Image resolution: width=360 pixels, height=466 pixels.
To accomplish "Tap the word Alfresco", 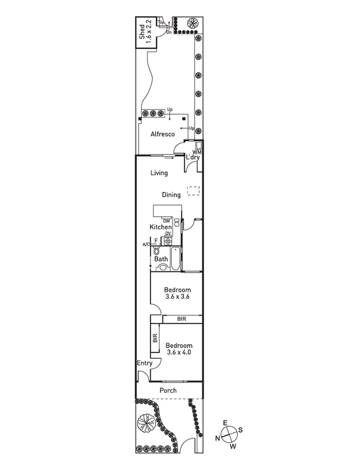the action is click(x=163, y=134).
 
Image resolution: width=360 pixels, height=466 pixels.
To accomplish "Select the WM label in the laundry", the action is click(x=197, y=152).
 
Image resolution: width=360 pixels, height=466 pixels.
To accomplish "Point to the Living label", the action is click(x=159, y=173).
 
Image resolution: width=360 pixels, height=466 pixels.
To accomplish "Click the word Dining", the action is click(x=171, y=195).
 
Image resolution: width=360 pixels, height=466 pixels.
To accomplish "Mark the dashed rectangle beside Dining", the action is click(x=193, y=191).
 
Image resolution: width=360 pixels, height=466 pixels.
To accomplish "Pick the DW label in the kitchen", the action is click(x=166, y=221).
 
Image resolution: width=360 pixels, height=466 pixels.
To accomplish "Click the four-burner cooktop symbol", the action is click(x=168, y=241).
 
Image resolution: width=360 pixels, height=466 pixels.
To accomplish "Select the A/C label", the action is click(x=146, y=244).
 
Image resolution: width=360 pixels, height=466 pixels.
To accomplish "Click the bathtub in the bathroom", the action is click(x=175, y=258).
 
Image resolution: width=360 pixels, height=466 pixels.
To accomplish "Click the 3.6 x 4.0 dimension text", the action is click(x=179, y=352).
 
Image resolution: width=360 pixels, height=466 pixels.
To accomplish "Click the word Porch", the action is click(x=168, y=391).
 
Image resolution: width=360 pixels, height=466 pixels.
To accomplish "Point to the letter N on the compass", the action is click(x=218, y=438).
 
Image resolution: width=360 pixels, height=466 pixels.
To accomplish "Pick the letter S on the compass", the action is click(x=240, y=430).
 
